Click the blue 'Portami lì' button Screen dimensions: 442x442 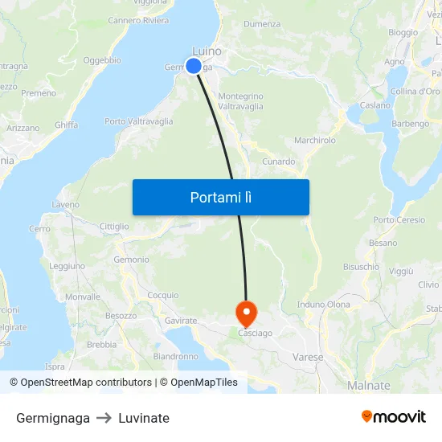(220, 197)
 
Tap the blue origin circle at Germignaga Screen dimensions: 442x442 (194, 66)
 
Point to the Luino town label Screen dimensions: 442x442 (207, 51)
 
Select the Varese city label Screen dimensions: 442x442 (308, 357)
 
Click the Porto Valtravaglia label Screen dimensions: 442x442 (138, 122)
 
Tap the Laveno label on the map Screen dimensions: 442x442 (66, 205)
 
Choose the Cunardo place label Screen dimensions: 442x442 (279, 162)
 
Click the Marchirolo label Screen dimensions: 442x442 (315, 140)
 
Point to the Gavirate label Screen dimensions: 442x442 (181, 321)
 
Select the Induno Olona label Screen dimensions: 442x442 (324, 305)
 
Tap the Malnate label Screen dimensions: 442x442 (369, 386)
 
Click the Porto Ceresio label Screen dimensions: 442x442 (399, 220)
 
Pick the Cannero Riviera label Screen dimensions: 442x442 (138, 21)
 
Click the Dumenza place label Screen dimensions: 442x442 (262, 24)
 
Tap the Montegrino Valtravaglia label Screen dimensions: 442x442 (240, 101)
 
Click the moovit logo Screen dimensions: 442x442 (394, 417)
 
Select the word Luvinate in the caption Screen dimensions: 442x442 (144, 418)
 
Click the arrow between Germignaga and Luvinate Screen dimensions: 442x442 (104, 418)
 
